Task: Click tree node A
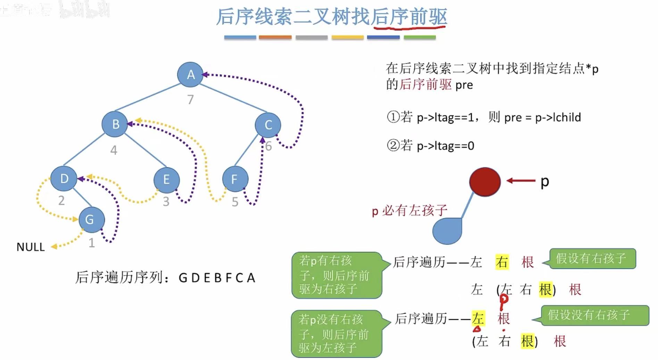[190, 74]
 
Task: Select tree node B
[115, 124]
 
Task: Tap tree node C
[268, 125]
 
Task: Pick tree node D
[64, 179]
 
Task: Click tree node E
[166, 179]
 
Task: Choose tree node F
[235, 179]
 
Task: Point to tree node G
[91, 219]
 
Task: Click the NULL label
[31, 247]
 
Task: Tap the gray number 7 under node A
[190, 100]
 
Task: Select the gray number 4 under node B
[114, 150]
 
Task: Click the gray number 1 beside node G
[92, 243]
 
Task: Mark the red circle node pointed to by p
[485, 182]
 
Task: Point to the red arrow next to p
[520, 181]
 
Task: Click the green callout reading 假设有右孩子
[592, 259]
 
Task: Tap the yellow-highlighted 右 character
[502, 262]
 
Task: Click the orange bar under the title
[275, 37]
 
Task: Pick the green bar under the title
[419, 37]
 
